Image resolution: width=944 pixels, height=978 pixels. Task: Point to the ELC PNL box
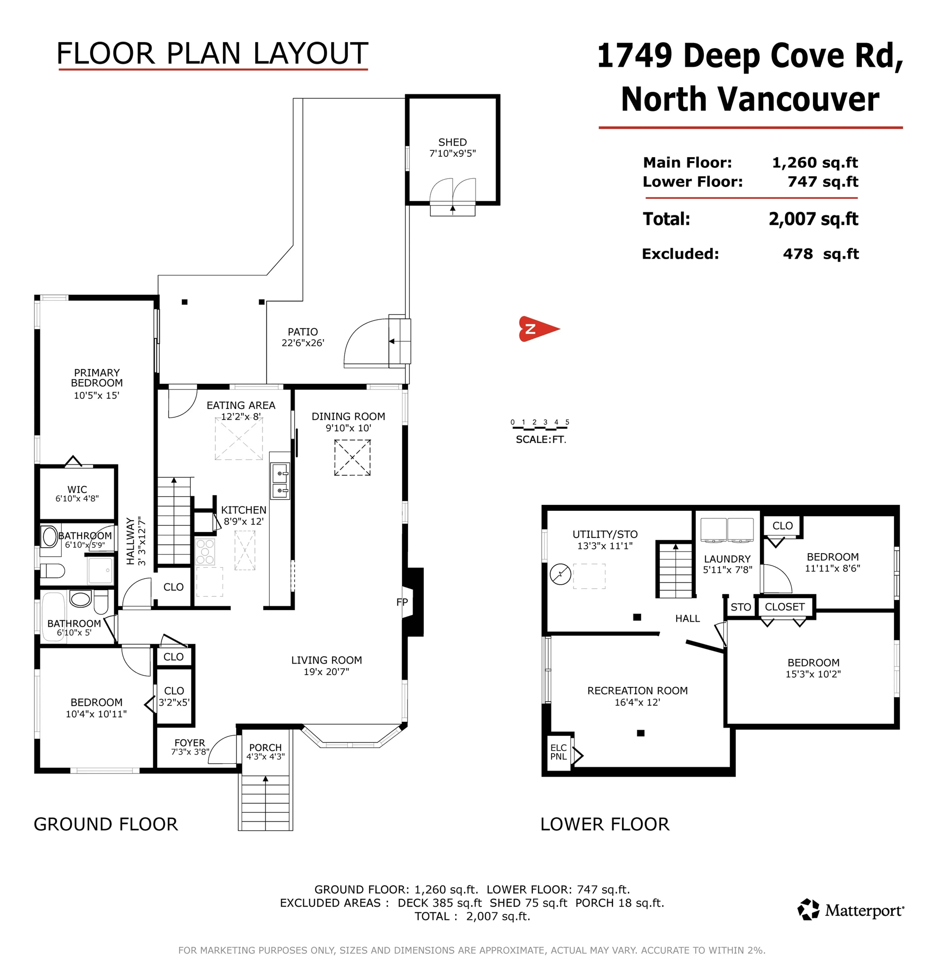[558, 752]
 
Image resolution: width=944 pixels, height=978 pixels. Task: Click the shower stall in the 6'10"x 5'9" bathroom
[100, 570]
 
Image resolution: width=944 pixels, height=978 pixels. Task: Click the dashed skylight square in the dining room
[352, 457]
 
